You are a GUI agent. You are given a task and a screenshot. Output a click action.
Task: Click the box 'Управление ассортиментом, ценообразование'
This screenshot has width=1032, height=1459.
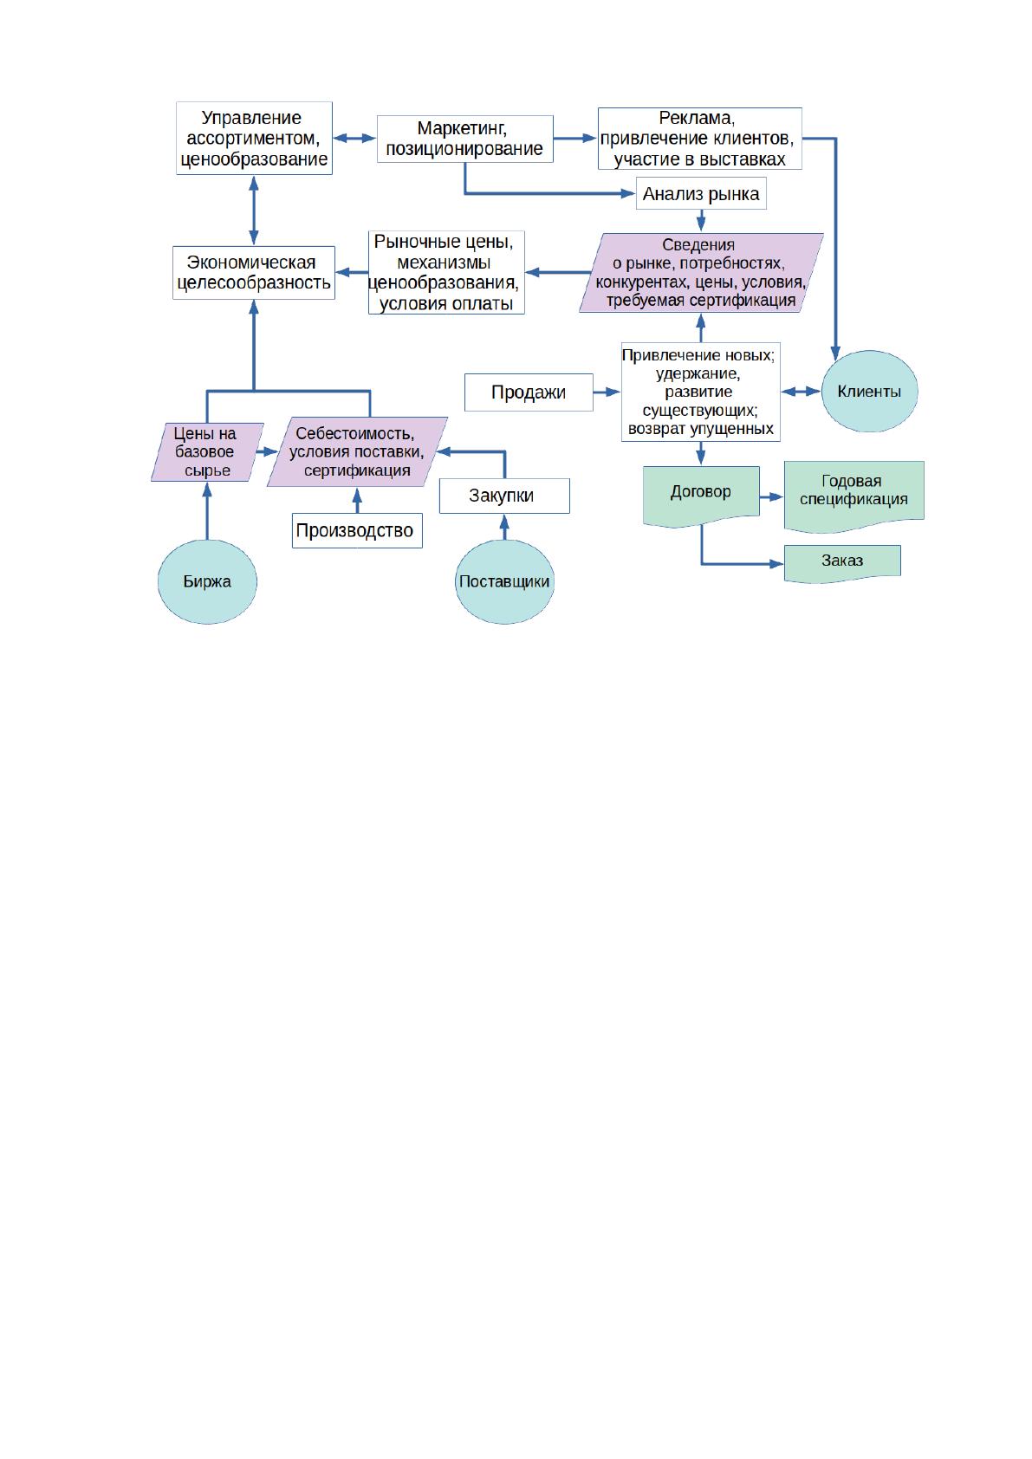tap(254, 138)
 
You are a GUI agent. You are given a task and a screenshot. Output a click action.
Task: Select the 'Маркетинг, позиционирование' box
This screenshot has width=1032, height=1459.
tap(464, 139)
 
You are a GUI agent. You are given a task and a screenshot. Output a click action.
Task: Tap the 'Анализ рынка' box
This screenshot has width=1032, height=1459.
tap(701, 194)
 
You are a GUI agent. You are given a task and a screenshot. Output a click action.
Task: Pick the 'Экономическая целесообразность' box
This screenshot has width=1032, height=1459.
tap(253, 272)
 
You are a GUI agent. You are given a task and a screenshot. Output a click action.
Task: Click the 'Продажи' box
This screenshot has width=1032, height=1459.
tap(529, 392)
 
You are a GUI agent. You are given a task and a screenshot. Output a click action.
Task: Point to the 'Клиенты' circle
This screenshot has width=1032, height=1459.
tap(869, 392)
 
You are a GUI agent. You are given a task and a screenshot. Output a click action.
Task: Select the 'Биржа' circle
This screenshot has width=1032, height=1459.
tap(207, 581)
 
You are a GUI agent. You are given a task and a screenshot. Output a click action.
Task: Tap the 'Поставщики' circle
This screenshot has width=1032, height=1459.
tap(504, 581)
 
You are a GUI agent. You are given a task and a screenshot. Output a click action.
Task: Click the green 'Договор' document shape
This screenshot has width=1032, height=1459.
tap(701, 495)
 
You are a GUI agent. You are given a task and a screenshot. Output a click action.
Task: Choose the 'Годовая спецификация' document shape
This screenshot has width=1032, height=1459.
tap(854, 496)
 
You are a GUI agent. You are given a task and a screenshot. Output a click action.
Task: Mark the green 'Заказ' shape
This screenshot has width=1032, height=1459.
tap(842, 563)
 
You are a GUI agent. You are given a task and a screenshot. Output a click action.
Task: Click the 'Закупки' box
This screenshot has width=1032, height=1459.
tap(504, 496)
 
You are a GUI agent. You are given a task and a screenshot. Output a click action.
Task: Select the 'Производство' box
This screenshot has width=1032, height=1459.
tap(357, 531)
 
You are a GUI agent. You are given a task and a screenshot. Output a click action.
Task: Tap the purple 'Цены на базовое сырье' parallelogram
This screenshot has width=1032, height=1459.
tap(207, 452)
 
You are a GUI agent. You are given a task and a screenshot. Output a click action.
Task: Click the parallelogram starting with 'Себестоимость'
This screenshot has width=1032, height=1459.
tap(357, 452)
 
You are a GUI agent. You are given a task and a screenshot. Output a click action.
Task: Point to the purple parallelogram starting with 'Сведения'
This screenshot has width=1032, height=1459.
tap(701, 273)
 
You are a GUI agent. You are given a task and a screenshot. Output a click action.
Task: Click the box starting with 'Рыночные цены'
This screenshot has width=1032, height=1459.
tap(446, 272)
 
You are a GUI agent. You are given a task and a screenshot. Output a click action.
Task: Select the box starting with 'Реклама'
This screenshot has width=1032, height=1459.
tap(700, 138)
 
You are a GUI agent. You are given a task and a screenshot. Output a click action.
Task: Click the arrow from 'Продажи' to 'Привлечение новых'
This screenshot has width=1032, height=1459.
tap(607, 392)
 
